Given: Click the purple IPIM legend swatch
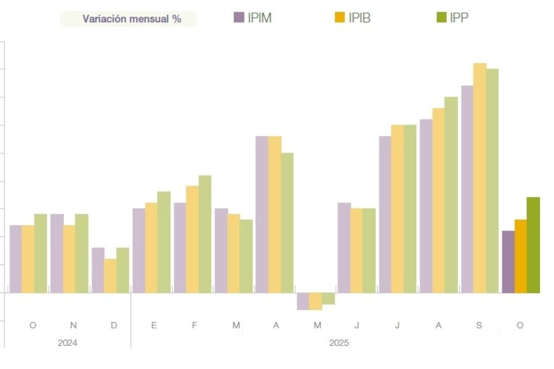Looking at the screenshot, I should tap(239, 17).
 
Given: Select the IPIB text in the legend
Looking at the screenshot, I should tap(359, 18).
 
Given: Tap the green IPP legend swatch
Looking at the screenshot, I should tap(441, 17).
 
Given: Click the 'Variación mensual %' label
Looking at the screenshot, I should tap(131, 18).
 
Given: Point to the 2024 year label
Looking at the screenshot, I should tap(67, 343).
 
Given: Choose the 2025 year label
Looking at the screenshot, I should tap(339, 343).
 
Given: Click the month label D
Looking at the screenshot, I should tap(114, 325).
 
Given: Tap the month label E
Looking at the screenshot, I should tap(154, 325).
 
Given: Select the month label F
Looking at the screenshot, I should tap(194, 325).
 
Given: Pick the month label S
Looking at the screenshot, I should tap(479, 325).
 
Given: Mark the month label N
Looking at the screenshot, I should tap(73, 325).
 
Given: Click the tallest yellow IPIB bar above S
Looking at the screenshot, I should tap(479, 178).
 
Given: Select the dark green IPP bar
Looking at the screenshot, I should tap(533, 245).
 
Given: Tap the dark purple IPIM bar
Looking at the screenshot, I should tap(508, 261).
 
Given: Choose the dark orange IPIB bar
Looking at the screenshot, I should tap(521, 256).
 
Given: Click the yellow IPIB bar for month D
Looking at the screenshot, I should tap(110, 275).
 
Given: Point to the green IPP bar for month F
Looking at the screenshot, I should tap(204, 234).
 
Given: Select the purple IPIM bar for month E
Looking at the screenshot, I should tap(139, 251).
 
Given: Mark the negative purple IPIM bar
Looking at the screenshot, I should tap(302, 301).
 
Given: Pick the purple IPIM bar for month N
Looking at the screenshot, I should tap(57, 253).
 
